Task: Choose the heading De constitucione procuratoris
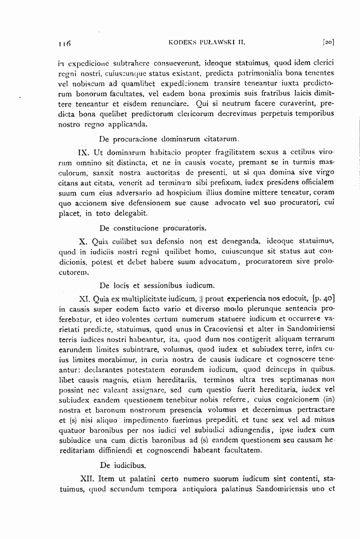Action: pyautogui.click(x=152, y=228)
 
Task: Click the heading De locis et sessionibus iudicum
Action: pyautogui.click(x=157, y=286)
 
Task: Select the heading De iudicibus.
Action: pyautogui.click(x=123, y=464)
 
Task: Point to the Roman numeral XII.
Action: pyautogui.click(x=88, y=477)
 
